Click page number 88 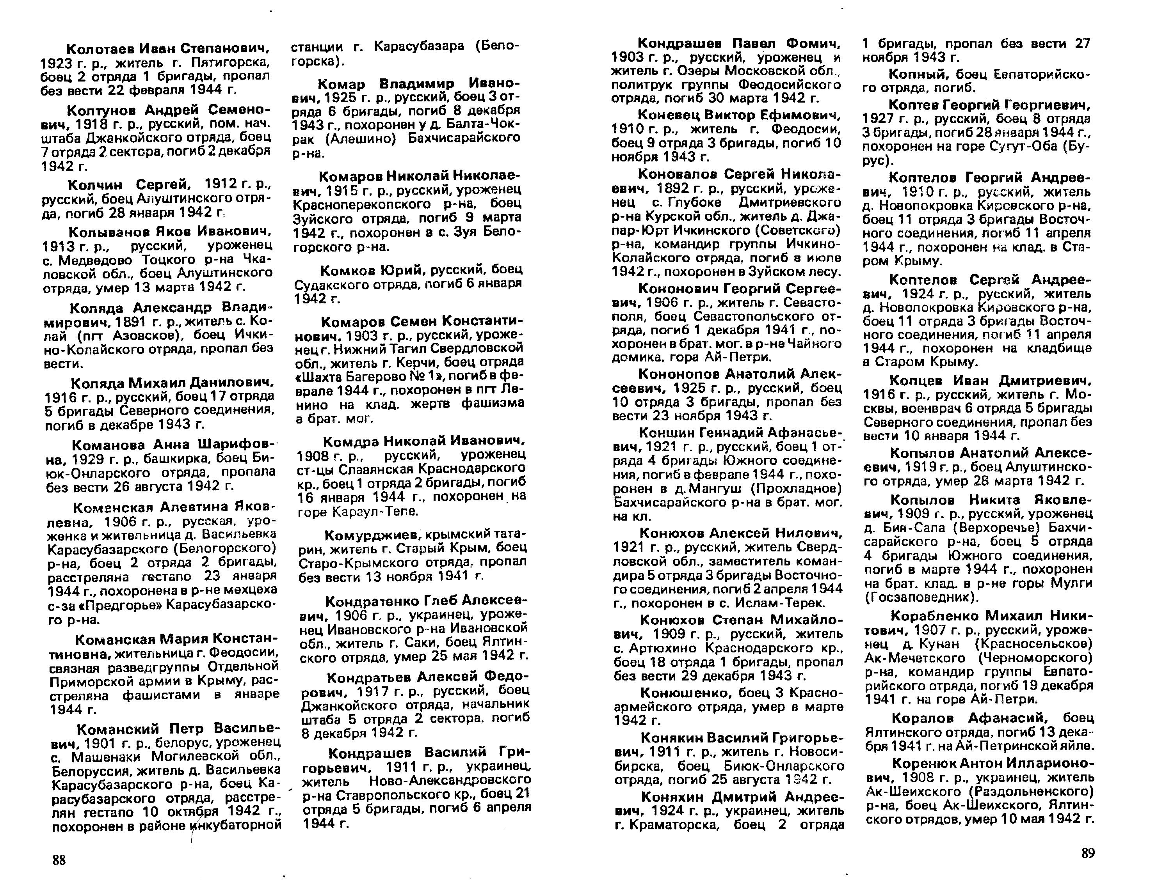click(x=59, y=860)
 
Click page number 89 click(x=1087, y=853)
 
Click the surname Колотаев click(x=100, y=49)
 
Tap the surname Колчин click(x=95, y=185)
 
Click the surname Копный click(x=912, y=74)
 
